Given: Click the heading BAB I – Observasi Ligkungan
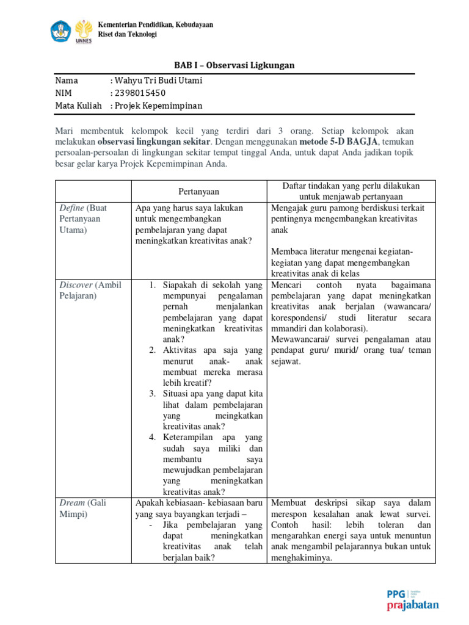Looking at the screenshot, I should click(234, 65).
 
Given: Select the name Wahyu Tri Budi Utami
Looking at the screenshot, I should click(158, 81).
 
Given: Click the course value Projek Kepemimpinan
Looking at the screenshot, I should click(158, 106).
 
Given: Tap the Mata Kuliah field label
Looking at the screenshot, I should click(78, 106).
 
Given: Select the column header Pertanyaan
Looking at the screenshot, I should click(198, 191).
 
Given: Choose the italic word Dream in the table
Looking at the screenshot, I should click(72, 502).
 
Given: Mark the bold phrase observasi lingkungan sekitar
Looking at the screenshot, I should click(148, 142).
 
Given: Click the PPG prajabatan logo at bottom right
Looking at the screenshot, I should click(413, 599).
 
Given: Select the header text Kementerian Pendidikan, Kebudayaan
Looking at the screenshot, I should click(156, 24).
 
